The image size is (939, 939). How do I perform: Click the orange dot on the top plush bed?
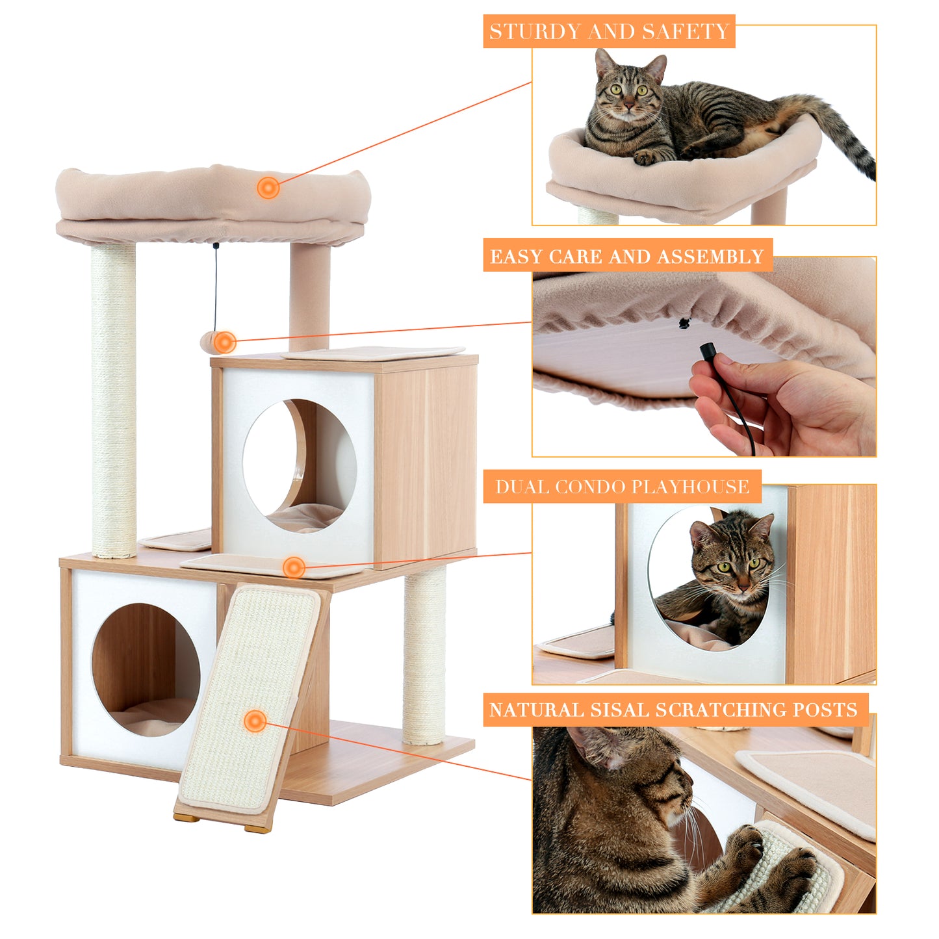[x=268, y=188]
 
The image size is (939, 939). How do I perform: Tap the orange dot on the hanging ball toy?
[x=225, y=342]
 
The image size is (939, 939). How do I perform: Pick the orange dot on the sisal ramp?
[x=255, y=721]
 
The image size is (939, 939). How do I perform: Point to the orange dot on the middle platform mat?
[x=294, y=567]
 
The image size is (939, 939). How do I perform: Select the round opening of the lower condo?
[x=146, y=669]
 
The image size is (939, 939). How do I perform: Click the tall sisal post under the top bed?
[x=114, y=400]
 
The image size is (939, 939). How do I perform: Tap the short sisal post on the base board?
[x=424, y=656]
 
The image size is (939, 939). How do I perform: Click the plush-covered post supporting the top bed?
[x=309, y=296]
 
